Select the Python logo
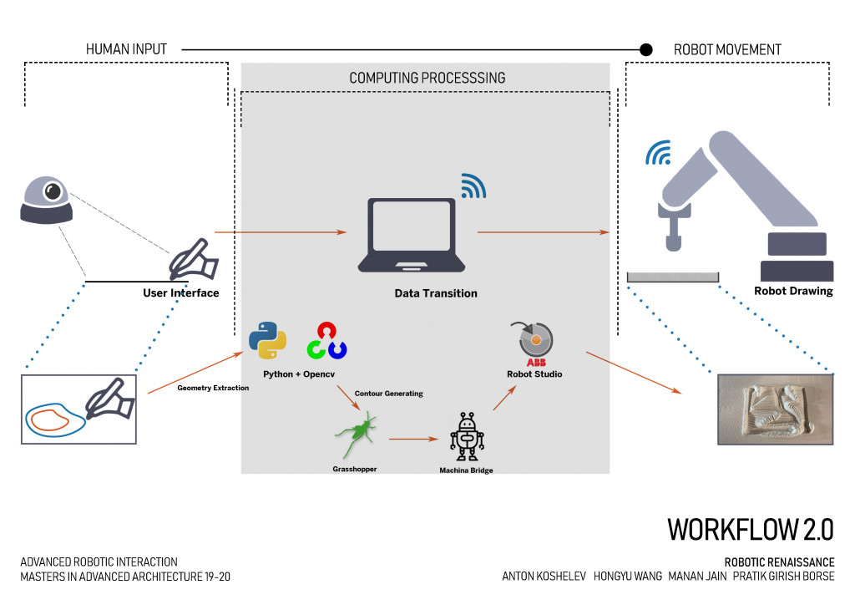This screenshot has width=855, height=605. (267, 339)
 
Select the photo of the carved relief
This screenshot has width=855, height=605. (775, 409)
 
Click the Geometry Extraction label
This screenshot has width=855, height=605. (213, 388)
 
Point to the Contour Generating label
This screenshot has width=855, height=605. (388, 393)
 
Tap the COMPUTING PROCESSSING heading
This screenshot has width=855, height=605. (427, 78)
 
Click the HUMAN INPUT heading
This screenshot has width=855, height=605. (126, 50)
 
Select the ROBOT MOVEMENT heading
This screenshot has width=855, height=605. (727, 50)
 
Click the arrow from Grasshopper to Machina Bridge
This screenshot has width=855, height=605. (414, 438)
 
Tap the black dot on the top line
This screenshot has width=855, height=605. (645, 50)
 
